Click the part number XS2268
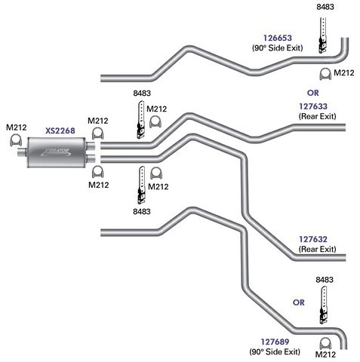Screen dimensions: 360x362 pyautogui.click(x=60, y=130)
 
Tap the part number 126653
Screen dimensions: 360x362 pyautogui.click(x=278, y=38)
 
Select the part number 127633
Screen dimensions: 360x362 pyautogui.click(x=313, y=106)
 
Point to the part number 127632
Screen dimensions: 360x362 pyautogui.click(x=313, y=239)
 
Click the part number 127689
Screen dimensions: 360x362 pyautogui.click(x=275, y=342)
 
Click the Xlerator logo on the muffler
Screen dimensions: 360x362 pyautogui.click(x=56, y=152)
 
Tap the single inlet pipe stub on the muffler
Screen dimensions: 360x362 pyautogui.click(x=22, y=152)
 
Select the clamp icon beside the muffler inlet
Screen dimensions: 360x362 pyautogui.click(x=16, y=140)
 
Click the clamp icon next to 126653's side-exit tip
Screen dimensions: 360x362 pyautogui.click(x=325, y=74)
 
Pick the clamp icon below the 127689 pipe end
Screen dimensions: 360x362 pyautogui.click(x=325, y=343)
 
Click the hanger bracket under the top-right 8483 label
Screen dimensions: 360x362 pyautogui.click(x=323, y=35)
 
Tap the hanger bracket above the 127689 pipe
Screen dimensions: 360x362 pyautogui.click(x=323, y=305)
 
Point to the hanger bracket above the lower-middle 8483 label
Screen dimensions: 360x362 pyautogui.click(x=141, y=185)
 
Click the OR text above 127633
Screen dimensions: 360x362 pyautogui.click(x=313, y=93)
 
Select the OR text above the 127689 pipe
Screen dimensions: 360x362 pyautogui.click(x=299, y=302)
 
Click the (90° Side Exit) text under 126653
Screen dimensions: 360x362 pyautogui.click(x=278, y=48)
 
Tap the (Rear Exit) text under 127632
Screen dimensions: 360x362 pyautogui.click(x=317, y=249)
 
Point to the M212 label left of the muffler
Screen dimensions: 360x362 pyautogui.click(x=17, y=127)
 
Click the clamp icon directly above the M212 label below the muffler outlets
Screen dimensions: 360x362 pyautogui.click(x=98, y=172)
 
